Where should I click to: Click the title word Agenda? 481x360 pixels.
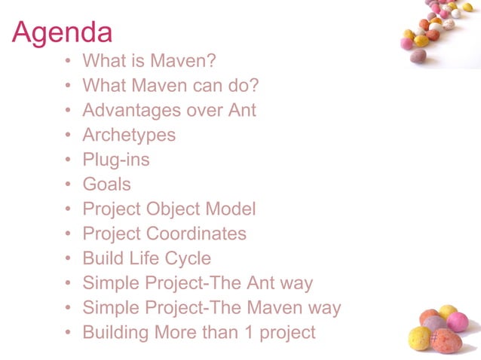pos(63,32)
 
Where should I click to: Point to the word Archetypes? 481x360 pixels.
pos(129,135)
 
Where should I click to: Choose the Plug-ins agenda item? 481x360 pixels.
pos(116,160)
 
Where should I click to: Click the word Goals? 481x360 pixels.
pos(106,184)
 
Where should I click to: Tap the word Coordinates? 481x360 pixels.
pos(197,233)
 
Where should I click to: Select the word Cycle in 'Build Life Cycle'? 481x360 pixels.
pos(188,258)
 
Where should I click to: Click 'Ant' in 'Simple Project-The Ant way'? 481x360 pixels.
pos(261,283)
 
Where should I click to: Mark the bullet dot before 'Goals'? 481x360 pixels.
pos(69,185)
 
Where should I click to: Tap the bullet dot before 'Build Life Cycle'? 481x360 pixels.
pos(69,258)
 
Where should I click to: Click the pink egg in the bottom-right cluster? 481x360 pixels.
pos(457,322)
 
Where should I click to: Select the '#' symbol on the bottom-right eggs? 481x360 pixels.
pos(434,338)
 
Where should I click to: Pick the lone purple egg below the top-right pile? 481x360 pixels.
pos(418,55)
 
